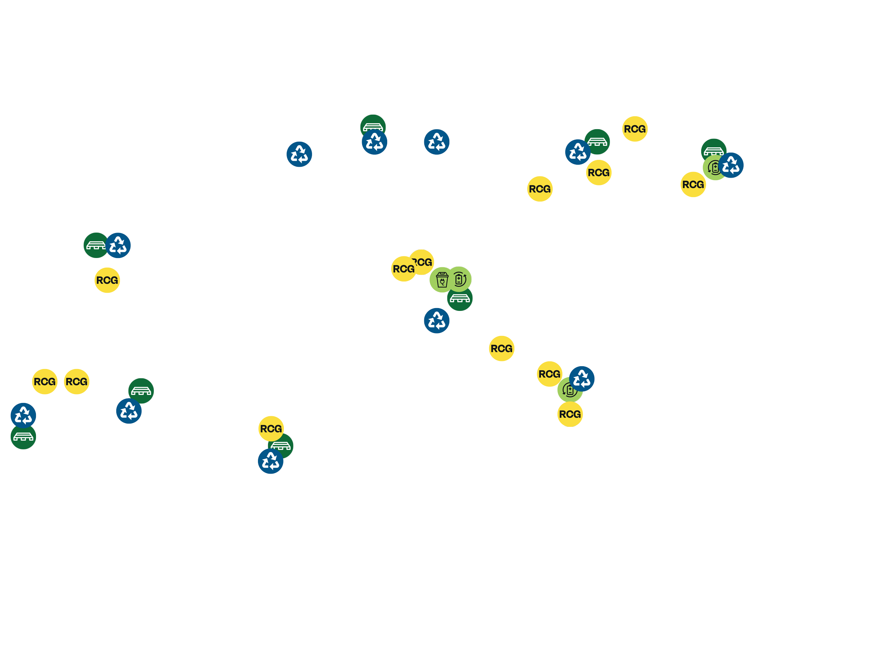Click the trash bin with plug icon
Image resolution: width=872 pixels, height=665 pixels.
[x=442, y=280]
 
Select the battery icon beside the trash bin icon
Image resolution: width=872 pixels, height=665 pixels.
[x=459, y=279]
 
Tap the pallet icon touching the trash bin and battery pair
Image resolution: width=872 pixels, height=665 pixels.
[x=460, y=298]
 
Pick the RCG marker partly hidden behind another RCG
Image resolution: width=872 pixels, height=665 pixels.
[x=421, y=262]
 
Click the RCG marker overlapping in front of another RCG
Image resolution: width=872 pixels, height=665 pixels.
[x=404, y=269]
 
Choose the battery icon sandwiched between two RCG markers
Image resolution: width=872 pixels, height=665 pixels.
[x=570, y=390]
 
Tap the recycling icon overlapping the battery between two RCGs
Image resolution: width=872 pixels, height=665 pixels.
[x=582, y=379]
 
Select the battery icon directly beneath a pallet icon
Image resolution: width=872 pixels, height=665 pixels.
[x=715, y=168]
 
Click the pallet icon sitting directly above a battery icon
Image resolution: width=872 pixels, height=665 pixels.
[x=714, y=151]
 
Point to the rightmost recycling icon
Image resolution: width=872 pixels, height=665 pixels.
[x=731, y=165]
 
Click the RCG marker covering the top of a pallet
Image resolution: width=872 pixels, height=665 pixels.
[x=271, y=429]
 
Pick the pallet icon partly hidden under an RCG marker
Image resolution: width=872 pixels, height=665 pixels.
[x=281, y=446]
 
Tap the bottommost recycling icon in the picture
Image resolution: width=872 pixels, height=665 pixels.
[x=270, y=461]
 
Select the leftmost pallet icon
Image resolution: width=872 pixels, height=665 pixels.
[x=23, y=437]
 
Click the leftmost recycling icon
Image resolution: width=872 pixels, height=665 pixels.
[x=23, y=415]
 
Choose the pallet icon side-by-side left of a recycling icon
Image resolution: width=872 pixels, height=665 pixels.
[x=96, y=245]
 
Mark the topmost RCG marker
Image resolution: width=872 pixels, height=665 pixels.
[x=635, y=129]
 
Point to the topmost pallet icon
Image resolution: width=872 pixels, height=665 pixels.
[x=373, y=127]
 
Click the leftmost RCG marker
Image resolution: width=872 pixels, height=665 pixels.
[x=45, y=382]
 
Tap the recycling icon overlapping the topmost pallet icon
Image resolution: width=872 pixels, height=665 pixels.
[x=375, y=142]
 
